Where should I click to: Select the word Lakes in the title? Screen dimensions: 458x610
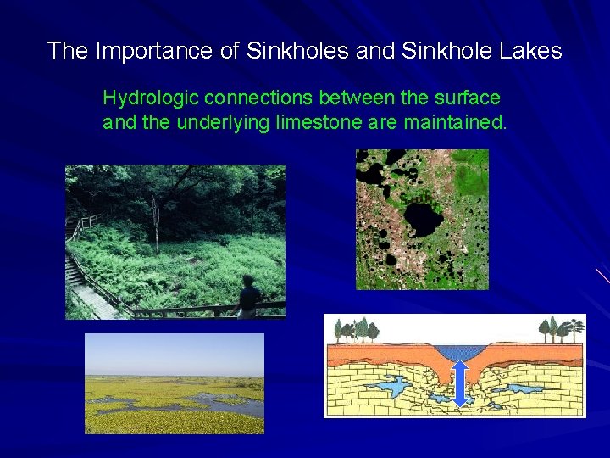click(x=530, y=51)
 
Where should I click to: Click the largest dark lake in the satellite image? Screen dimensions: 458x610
click(x=421, y=217)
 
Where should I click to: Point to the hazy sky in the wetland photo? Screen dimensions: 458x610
click(x=174, y=352)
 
